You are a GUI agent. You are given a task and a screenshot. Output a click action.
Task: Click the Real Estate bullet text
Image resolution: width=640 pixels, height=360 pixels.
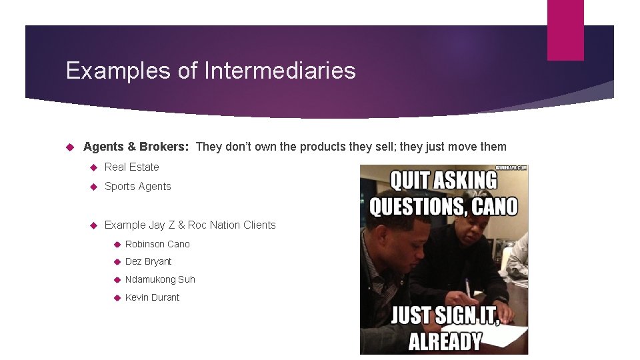tap(132, 167)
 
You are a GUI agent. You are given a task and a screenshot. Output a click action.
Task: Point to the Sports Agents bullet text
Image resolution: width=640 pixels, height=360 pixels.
tap(138, 186)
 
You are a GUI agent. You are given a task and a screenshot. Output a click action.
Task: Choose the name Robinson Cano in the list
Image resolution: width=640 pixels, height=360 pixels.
tap(157, 244)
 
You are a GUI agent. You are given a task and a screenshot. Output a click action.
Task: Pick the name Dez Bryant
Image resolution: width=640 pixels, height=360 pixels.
tap(148, 261)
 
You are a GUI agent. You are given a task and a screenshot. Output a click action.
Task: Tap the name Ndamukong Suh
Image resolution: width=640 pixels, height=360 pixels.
tap(160, 279)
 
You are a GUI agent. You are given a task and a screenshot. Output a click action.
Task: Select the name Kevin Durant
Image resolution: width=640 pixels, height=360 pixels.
tap(152, 297)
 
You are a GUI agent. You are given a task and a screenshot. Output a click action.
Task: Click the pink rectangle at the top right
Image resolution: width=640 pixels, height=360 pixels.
tap(565, 30)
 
